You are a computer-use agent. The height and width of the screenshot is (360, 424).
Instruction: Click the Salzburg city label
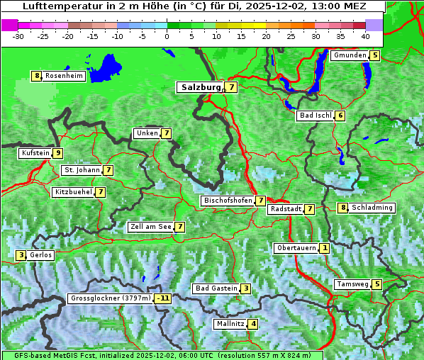200,87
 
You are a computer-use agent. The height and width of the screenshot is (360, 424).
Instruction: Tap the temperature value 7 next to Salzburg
232,87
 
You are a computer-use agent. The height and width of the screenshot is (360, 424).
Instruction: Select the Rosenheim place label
64,76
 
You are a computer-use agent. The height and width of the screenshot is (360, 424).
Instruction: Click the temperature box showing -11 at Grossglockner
163,298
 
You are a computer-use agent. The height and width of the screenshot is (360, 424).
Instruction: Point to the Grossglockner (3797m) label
111,298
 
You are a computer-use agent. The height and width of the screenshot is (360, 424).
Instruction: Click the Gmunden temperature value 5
375,55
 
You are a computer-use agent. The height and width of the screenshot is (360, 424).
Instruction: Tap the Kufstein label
35,153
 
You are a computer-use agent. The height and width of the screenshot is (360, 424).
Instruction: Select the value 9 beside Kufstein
57,153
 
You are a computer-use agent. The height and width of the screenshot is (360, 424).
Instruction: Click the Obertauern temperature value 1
324,248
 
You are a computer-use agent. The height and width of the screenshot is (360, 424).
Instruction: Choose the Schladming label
372,208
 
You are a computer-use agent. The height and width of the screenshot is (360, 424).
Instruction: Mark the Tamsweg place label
352,284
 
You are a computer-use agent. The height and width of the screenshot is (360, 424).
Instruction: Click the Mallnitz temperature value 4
253,324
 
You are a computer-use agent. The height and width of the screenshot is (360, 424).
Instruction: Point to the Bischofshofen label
228,201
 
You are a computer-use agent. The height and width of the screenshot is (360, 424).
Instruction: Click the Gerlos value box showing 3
21,255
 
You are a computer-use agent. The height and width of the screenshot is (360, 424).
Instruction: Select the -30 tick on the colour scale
18,35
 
